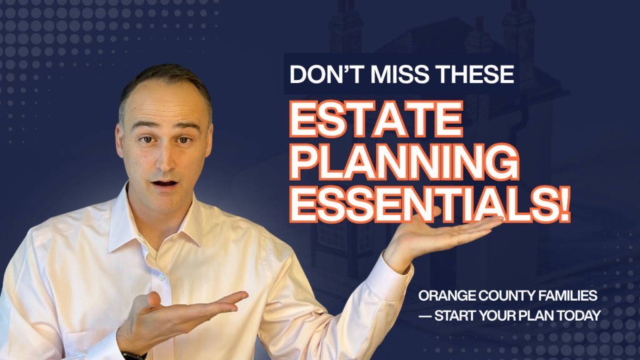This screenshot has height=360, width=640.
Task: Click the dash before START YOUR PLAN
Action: coord(429,316)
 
